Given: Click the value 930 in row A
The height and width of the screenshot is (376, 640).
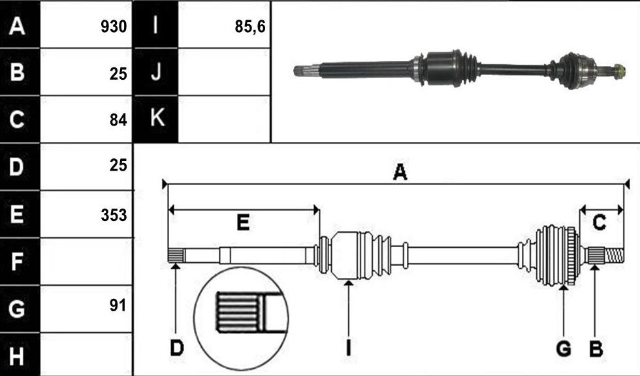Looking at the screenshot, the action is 114,27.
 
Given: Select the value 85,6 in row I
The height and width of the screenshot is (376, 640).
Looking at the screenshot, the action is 250,27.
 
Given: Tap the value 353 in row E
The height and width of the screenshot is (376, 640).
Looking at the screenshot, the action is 114,215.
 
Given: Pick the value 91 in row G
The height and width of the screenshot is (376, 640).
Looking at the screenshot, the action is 118,305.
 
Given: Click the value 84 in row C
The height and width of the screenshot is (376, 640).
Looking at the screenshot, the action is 118,120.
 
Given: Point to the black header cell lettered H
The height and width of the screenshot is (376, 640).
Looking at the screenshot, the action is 20,354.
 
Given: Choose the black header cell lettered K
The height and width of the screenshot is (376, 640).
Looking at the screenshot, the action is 155,119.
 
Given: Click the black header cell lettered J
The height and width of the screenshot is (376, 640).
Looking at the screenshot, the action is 155,72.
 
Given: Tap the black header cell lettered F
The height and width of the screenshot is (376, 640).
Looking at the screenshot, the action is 20,262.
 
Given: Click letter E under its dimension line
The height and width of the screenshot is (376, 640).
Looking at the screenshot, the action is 243,223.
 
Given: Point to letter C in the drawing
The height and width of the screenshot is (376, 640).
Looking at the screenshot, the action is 600,223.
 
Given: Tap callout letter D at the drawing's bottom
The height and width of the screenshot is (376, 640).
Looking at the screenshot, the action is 177,349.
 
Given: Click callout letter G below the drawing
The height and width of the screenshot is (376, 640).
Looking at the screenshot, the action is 564,349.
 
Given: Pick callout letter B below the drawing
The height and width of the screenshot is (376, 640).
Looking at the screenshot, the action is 596,349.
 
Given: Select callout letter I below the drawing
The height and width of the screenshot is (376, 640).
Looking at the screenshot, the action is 348,349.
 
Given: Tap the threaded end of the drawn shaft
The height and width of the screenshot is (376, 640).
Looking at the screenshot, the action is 614,256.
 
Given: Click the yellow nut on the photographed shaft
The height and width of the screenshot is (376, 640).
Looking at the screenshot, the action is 619,71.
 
